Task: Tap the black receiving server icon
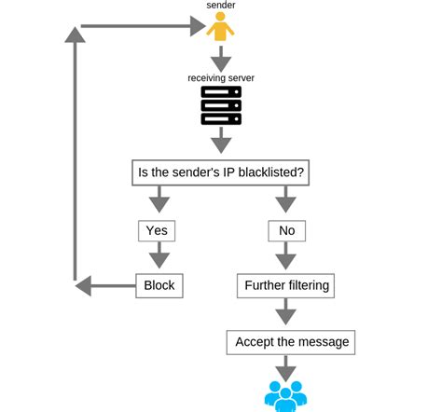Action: tap(221, 105)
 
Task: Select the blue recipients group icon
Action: tap(285, 395)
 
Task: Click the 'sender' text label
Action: tap(221, 7)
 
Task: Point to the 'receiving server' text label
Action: tap(221, 76)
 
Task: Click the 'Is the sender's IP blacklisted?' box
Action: tap(221, 172)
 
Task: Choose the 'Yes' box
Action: tap(157, 229)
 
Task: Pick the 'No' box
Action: tap(285, 229)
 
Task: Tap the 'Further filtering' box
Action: tap(285, 285)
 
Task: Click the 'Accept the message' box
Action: tap(292, 342)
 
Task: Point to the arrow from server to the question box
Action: tap(221, 141)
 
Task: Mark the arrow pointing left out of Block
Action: tap(103, 285)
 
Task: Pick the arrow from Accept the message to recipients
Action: tap(285, 367)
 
